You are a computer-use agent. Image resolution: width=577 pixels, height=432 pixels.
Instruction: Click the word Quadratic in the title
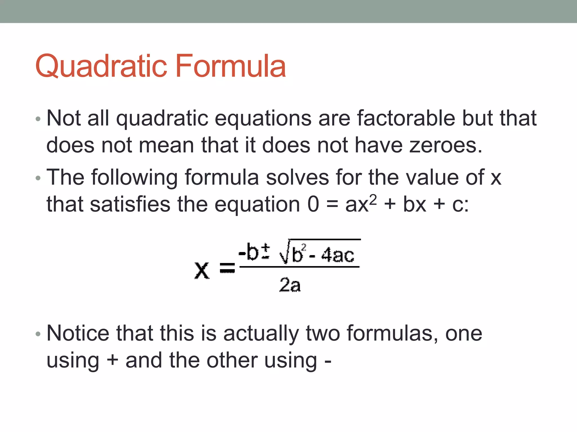click(102, 66)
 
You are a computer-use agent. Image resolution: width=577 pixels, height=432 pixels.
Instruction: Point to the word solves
click(297, 177)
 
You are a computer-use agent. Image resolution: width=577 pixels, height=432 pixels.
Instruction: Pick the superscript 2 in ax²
click(373, 199)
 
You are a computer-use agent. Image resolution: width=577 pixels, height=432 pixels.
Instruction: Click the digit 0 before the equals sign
click(313, 204)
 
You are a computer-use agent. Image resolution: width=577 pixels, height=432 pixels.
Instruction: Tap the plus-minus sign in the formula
click(265, 251)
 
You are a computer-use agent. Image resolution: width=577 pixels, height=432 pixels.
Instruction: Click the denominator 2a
click(290, 285)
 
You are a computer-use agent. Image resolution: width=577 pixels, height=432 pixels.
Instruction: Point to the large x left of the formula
click(202, 270)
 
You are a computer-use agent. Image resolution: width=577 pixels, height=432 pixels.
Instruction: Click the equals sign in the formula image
click(227, 268)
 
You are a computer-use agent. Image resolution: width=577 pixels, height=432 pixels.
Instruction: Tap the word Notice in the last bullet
click(78, 333)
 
